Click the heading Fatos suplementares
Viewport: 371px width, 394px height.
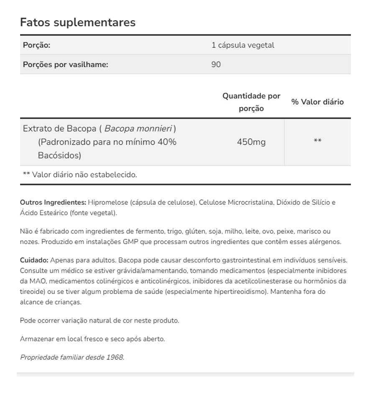coord(78,22)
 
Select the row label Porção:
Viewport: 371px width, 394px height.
coord(37,45)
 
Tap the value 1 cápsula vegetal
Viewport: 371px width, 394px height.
coord(243,45)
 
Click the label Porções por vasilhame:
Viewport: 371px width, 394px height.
coord(66,65)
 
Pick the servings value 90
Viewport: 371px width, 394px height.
coord(216,65)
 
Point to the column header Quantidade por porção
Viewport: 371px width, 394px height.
coord(251,102)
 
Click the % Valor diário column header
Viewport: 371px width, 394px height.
coord(317,102)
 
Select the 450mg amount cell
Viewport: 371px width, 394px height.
coord(251,142)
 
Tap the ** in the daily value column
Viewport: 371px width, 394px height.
coord(317,141)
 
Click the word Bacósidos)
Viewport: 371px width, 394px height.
coord(59,155)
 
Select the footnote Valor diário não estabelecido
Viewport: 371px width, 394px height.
coord(84,175)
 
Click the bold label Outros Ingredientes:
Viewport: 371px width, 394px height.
coord(53,203)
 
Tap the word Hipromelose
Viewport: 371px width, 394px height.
coord(108,203)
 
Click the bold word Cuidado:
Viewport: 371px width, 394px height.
coord(34,260)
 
